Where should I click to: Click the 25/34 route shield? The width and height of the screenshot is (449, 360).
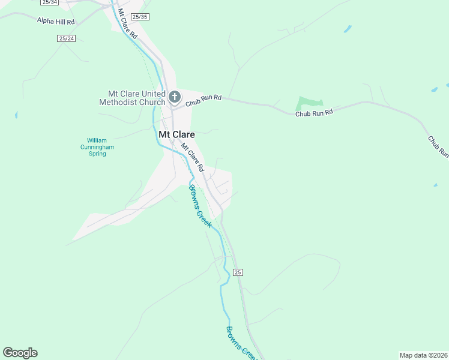[x=50, y=2]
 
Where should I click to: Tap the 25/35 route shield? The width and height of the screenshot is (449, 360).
[x=139, y=17]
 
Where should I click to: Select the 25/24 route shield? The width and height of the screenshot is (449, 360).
[x=67, y=38]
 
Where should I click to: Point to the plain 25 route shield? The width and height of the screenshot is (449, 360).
[x=238, y=272]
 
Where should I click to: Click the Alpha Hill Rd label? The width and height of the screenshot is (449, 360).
[x=55, y=21]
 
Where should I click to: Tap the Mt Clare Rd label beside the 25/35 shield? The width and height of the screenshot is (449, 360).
[x=128, y=25]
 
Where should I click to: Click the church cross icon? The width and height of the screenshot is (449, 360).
[x=175, y=97]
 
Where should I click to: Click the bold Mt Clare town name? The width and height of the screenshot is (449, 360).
[x=176, y=134]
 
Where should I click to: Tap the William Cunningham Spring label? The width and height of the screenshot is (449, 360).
[x=97, y=147]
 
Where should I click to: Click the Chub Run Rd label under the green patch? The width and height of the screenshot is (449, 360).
[x=313, y=112]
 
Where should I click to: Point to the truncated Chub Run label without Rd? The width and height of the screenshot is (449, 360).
[x=438, y=147]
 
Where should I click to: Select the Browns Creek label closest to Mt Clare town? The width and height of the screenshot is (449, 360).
[x=200, y=206]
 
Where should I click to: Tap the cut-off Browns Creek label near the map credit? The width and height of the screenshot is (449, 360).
[x=241, y=343]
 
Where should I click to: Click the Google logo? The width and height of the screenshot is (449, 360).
[x=20, y=353]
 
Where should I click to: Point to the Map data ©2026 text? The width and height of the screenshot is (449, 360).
[x=424, y=355]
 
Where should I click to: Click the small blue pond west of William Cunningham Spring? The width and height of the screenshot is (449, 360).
[x=16, y=115]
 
